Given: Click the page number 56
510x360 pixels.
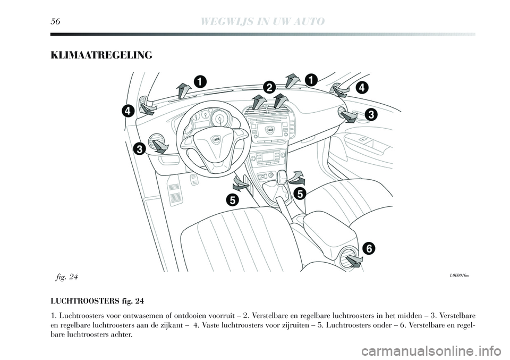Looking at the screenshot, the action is pyautogui.click(x=55, y=21).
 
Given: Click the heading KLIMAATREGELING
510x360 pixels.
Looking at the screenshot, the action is pyautogui.click(x=101, y=55).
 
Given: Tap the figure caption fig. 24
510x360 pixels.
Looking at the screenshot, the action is pyautogui.click(x=66, y=277).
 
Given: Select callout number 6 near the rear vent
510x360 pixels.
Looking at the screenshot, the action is pyautogui.click(x=369, y=249).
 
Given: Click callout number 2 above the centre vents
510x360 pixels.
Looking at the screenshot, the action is pyautogui.click(x=269, y=87).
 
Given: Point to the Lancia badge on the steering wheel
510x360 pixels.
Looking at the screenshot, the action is pyautogui.click(x=216, y=139).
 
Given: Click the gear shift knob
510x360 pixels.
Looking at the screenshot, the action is pyautogui.click(x=282, y=176).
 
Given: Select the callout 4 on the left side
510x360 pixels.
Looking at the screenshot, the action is pyautogui.click(x=128, y=111).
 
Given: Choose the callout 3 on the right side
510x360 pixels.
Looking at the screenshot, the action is pyautogui.click(x=370, y=114).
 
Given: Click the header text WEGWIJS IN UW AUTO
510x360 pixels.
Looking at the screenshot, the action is pyautogui.click(x=263, y=21).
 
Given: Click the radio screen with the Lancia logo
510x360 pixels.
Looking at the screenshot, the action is pyautogui.click(x=269, y=130).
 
